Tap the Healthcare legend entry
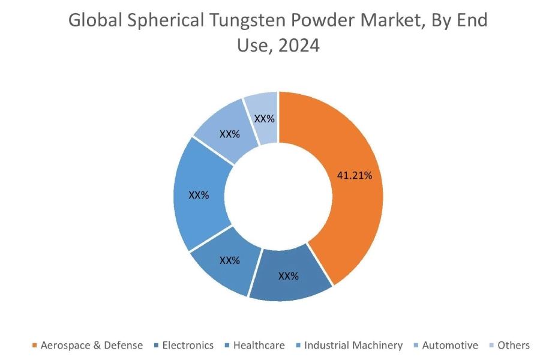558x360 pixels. click(259, 345)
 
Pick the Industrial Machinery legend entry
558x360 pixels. click(353, 345)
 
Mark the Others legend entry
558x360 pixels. click(514, 345)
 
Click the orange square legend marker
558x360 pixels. click(34, 346)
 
